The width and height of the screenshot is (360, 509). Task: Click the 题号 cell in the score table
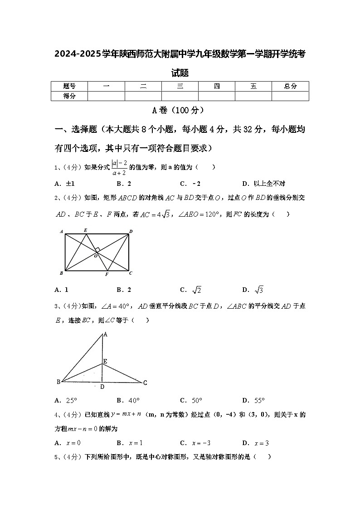(x=69, y=86)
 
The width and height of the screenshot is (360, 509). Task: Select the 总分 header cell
(x=290, y=86)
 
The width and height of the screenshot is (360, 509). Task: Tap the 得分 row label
(x=69, y=96)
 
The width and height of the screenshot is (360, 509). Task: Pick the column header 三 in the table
(x=180, y=86)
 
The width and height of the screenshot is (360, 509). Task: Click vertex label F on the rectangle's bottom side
(x=107, y=275)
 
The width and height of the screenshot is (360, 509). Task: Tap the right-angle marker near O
(x=97, y=250)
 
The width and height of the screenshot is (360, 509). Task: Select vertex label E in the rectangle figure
(x=85, y=230)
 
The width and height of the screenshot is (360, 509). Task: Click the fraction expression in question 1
(x=120, y=167)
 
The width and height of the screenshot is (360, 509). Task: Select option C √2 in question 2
(x=191, y=290)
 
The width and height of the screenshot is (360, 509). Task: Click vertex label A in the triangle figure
(x=105, y=334)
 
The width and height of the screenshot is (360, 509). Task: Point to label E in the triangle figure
(x=105, y=361)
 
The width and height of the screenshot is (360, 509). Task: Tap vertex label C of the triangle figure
(x=145, y=383)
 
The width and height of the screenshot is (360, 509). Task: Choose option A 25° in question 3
(x=66, y=400)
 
